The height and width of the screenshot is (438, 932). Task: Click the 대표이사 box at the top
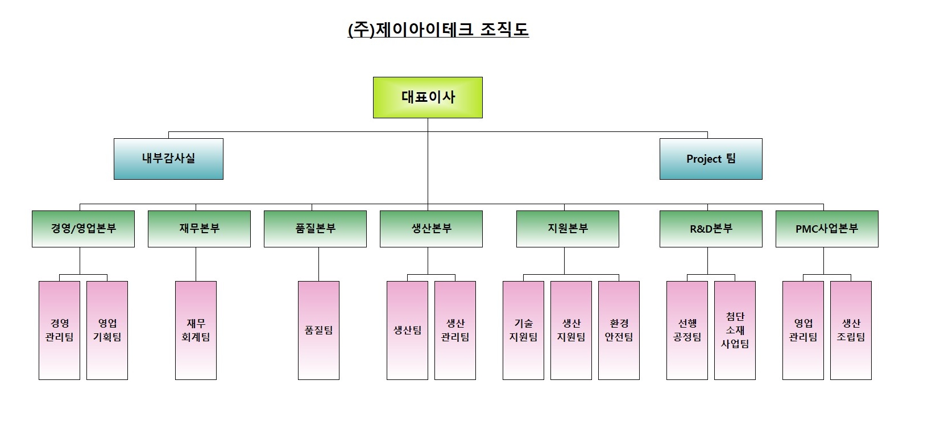(428, 97)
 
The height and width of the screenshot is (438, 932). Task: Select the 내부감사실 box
(168, 159)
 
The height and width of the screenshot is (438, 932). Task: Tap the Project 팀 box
(711, 159)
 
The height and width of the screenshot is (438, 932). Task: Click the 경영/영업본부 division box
(83, 229)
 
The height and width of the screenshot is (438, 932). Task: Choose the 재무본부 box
(199, 229)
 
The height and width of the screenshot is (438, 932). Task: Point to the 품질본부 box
(315, 229)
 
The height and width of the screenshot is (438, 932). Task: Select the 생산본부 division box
(431, 229)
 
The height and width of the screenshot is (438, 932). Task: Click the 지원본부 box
(568, 229)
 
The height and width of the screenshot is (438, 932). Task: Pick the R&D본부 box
(711, 229)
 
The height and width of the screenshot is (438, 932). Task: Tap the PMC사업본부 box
(827, 229)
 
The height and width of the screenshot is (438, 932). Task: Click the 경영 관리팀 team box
(59, 330)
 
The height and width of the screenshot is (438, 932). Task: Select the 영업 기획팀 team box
(107, 330)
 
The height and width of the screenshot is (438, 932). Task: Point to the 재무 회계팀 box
(196, 330)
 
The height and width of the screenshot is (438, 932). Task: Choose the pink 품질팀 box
(318, 330)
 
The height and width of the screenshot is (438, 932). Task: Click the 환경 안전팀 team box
(619, 330)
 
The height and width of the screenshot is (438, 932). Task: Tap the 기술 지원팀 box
(523, 330)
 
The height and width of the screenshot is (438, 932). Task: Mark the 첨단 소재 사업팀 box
(735, 330)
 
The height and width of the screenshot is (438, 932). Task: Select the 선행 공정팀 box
(687, 330)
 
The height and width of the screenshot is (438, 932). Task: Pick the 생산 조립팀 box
(851, 330)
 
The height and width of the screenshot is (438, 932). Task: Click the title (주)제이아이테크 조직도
(438, 30)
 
